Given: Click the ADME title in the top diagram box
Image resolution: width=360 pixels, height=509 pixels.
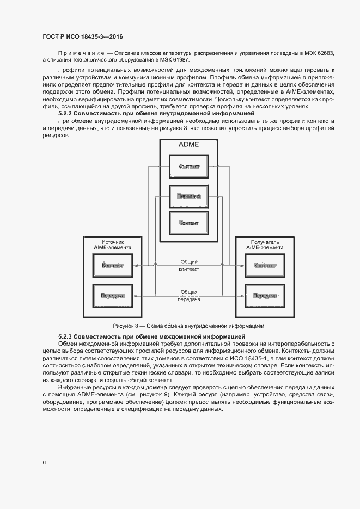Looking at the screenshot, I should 189,145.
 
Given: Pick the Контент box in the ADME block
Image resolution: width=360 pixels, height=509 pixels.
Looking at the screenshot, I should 189,223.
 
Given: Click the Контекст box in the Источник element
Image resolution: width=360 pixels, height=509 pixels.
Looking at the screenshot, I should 112,266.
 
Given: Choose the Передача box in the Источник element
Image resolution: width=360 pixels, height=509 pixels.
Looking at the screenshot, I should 112,296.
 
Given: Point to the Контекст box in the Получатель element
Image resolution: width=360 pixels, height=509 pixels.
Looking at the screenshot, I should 265,266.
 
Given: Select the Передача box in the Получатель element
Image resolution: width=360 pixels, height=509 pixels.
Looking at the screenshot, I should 265,296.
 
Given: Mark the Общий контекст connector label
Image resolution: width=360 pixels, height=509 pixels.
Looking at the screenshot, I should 189,265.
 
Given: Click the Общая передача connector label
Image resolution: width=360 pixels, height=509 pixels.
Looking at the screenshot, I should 189,295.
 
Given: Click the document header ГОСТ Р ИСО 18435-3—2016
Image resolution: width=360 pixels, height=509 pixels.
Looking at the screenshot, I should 83,36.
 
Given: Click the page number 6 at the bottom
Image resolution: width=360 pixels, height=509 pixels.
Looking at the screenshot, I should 44,462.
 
